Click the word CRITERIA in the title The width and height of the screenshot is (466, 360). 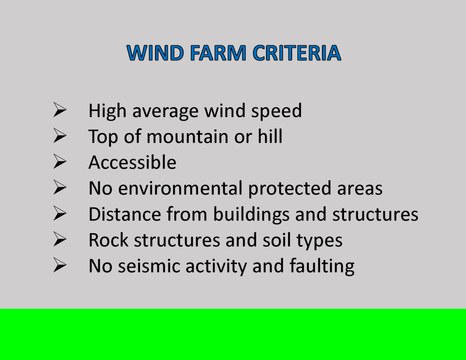point(297,53)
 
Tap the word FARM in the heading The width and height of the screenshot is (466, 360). point(218,53)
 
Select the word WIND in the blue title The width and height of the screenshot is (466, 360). point(155,53)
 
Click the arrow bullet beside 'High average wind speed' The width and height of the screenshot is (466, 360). point(60,110)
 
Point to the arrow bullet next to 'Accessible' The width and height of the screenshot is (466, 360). point(60,162)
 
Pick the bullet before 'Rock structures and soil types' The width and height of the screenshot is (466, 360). point(60,239)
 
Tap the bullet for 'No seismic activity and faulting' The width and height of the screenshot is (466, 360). point(60,265)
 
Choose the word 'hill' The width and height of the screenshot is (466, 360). point(270,136)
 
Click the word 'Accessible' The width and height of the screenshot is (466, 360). point(132,162)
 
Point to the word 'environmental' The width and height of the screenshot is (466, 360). point(180,188)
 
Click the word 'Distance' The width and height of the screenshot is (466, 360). point(125,214)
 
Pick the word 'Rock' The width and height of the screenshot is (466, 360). point(108,240)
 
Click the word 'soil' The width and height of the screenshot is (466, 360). point(276,240)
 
